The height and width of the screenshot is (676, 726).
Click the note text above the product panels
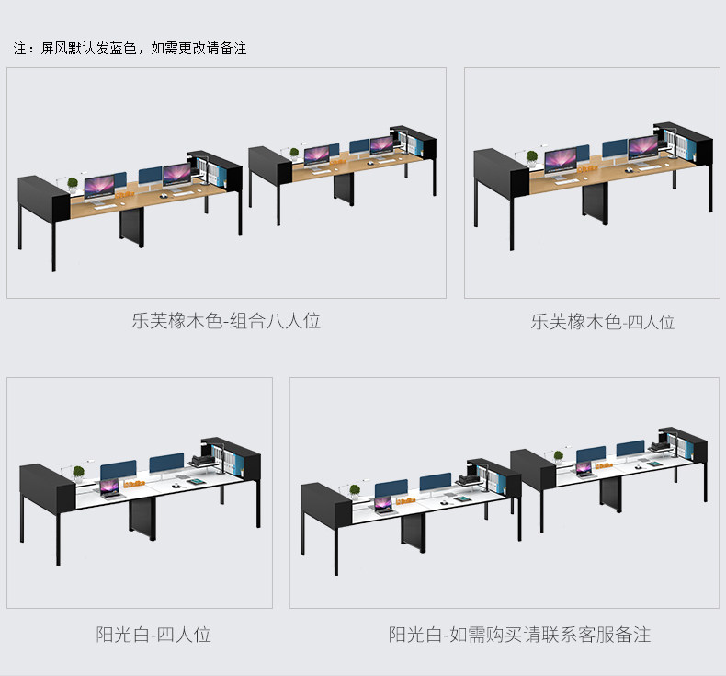130,48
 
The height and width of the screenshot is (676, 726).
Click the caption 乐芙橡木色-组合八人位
225,321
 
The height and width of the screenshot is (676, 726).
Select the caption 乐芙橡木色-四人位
602,322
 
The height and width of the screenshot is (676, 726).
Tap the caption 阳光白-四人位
153,634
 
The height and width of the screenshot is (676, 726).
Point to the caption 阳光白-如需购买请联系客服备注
519,635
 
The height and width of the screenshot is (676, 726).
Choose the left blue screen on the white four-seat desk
116,470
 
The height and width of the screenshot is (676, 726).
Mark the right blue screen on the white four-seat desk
166,463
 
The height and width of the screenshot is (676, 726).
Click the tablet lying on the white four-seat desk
196,479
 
